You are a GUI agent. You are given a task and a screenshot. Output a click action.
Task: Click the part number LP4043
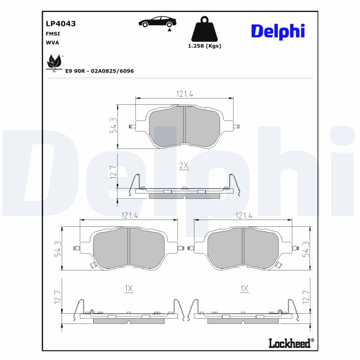pos(60,24)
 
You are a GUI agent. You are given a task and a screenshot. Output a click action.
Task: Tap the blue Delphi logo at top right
pos(278,31)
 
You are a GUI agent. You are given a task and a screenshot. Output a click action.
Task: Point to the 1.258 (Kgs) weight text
pos(204,46)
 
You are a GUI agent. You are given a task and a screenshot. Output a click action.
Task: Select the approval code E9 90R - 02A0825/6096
pos(99,71)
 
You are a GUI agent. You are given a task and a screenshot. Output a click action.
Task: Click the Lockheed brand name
pos(289,343)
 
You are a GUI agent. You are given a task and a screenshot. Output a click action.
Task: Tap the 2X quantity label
pos(184,166)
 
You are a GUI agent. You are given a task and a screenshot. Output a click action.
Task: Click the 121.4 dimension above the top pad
pos(184,94)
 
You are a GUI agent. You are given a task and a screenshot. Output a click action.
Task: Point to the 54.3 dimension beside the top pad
pos(113,126)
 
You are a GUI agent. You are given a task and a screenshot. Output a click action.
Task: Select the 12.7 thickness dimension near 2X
pos(113,172)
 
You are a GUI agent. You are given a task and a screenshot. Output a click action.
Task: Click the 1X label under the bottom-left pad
pos(129,288)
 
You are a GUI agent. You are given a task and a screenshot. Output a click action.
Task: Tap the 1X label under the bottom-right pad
pos(244,288)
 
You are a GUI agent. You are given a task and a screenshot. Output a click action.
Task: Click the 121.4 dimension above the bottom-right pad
pos(243,216)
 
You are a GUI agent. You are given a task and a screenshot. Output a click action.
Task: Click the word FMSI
pos(53,34)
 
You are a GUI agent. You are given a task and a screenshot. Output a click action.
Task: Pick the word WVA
pos(52,42)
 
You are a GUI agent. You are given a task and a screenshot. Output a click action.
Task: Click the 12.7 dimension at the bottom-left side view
pos(57,297)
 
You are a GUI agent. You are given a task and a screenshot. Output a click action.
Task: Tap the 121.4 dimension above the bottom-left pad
pos(129,216)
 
